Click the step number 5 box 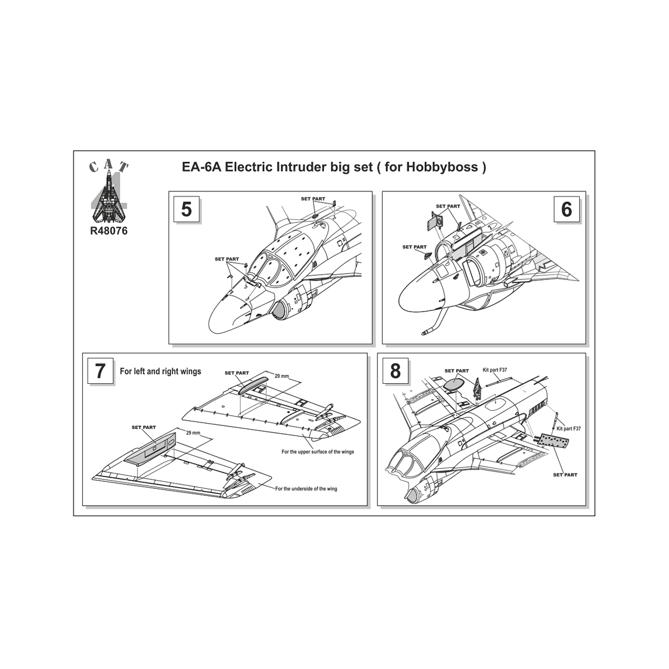coord(187,210)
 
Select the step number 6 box coord(566,210)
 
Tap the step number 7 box coord(100,371)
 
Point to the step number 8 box coord(395,371)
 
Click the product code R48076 coord(109,231)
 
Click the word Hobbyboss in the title coord(442,167)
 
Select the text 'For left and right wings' coord(160,371)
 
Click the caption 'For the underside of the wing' coord(306,488)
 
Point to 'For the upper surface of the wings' coord(318,451)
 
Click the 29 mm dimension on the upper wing coord(282,376)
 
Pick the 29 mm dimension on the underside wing coord(193,433)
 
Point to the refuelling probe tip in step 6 coord(423,332)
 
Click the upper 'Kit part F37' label coord(495,370)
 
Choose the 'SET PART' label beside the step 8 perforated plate coord(565,474)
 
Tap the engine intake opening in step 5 coord(282,310)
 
